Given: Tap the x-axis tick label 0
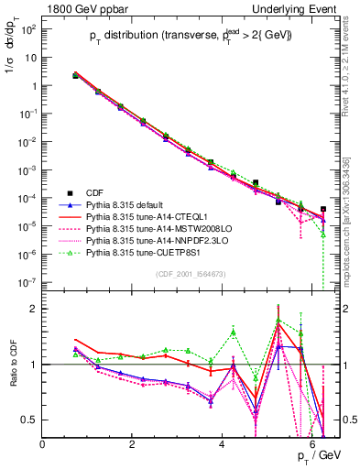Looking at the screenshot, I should click(43, 443).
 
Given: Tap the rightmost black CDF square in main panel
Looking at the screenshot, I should click(322, 209).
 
